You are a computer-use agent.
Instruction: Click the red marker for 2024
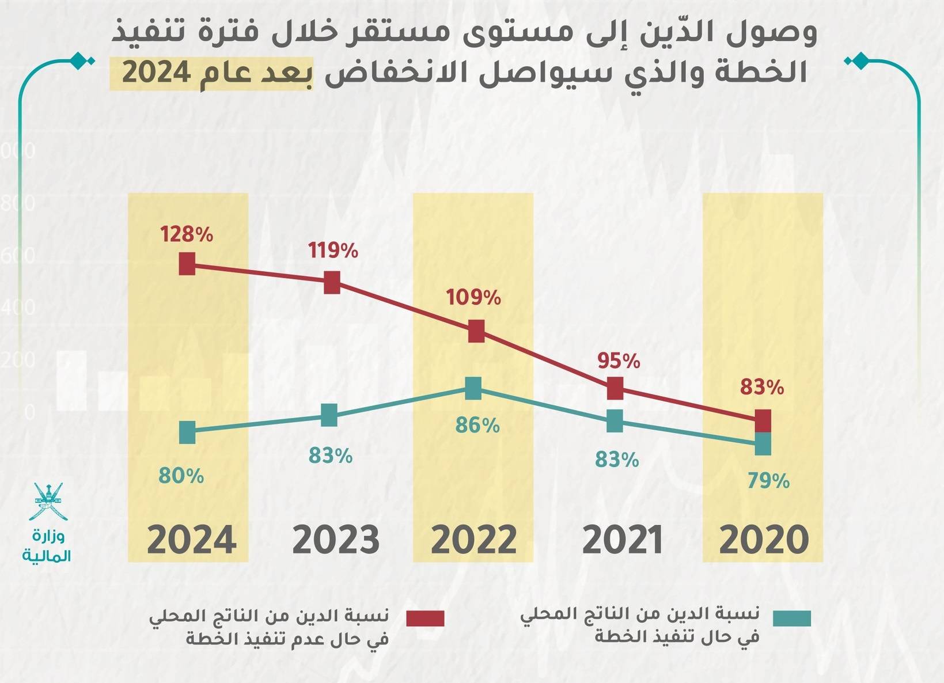pyautogui.click(x=187, y=264)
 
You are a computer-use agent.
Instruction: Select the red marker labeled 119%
pyautogui.click(x=332, y=283)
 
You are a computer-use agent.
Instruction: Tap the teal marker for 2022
pyautogui.click(x=473, y=388)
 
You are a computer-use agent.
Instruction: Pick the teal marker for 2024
pyautogui.click(x=187, y=432)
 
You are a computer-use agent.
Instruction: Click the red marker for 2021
pyautogui.click(x=615, y=388)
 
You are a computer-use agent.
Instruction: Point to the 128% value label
pyautogui.click(x=187, y=234)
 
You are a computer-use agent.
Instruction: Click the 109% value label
pyautogui.click(x=473, y=298)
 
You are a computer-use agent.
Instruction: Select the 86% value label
pyautogui.click(x=477, y=426)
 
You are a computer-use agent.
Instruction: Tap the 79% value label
pyautogui.click(x=768, y=481)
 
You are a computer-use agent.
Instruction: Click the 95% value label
pyautogui.click(x=619, y=361)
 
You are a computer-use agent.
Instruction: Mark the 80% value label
pyautogui.click(x=181, y=476)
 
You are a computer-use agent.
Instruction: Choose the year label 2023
pyautogui.click(x=336, y=541)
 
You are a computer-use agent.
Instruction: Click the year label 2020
pyautogui.click(x=764, y=541)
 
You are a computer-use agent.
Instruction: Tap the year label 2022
pyautogui.click(x=473, y=541)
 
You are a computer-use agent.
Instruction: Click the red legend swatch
pyautogui.click(x=425, y=619)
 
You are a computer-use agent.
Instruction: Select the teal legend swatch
pyautogui.click(x=792, y=619)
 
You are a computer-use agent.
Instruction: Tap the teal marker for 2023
pyautogui.click(x=329, y=415)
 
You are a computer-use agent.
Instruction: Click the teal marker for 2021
pyautogui.click(x=615, y=421)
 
